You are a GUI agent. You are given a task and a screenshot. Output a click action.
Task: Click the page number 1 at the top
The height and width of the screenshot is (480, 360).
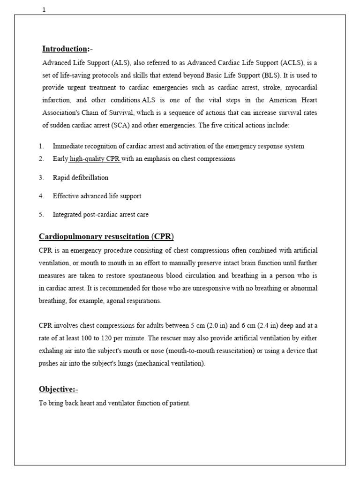[x=44, y=10]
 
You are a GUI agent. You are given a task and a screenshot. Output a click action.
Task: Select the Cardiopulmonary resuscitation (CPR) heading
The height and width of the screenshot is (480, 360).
[x=106, y=236]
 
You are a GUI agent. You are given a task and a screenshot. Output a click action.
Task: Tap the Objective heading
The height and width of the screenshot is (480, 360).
[x=58, y=389]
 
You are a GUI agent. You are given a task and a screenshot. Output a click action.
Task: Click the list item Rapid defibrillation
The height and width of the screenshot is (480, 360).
[x=81, y=178]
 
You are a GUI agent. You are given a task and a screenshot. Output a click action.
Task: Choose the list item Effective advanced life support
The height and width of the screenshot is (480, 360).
[x=97, y=196]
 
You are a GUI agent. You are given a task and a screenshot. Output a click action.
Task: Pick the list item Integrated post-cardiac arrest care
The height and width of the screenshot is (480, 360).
[x=101, y=215]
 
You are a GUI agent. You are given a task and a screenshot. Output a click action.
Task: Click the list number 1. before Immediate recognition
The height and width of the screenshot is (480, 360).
[x=42, y=146]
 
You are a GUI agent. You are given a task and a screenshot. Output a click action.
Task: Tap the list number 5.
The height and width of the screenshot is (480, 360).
[x=42, y=215]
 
